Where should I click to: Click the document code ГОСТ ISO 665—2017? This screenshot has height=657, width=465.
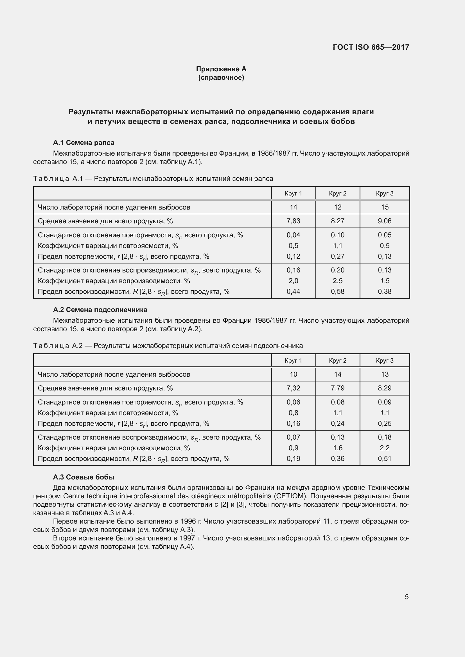[371, 47]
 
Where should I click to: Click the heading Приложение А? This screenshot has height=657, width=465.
[221, 69]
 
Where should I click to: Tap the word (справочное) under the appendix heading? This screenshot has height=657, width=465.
[221, 78]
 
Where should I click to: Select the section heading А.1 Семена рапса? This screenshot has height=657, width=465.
[83, 142]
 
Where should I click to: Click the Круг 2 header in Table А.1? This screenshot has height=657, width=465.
[338, 194]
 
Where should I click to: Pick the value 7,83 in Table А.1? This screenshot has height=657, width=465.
[293, 221]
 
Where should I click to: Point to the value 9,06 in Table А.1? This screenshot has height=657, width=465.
[385, 221]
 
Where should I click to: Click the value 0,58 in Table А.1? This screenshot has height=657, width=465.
[338, 292]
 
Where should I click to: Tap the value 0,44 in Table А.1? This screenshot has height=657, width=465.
[293, 292]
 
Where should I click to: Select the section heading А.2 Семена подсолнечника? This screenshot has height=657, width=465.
[100, 310]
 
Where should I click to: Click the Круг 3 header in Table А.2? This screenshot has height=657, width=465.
[385, 361]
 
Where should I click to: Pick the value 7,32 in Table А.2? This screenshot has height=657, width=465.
[293, 388]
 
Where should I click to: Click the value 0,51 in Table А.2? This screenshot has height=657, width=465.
[385, 459]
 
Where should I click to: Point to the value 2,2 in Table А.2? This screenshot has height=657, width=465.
[385, 448]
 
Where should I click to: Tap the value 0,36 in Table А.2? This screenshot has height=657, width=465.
[338, 459]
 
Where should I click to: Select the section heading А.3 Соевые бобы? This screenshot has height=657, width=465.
[83, 477]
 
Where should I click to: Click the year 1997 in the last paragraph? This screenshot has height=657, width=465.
[188, 538]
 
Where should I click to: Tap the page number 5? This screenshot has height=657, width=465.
[407, 597]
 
